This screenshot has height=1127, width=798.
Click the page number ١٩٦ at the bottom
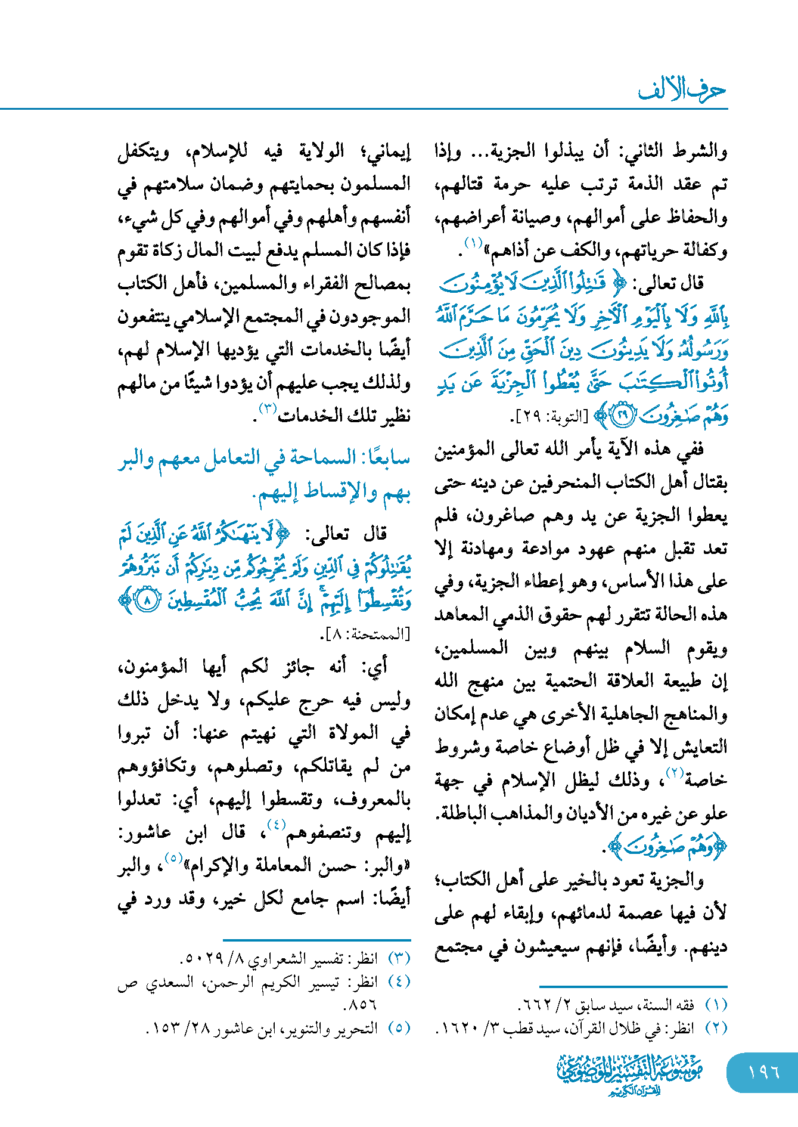point(764,1072)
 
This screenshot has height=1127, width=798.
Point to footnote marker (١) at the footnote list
point(716,1005)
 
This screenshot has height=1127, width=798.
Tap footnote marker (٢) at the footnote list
point(716,1027)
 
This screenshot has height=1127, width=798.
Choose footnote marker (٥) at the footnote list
point(399,1027)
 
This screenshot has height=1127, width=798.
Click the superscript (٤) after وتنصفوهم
point(276,825)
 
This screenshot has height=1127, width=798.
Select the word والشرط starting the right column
point(700,151)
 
